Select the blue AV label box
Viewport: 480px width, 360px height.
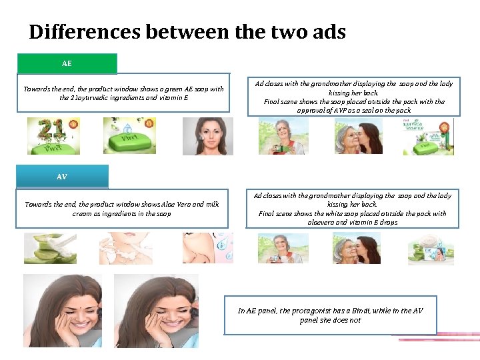click(x=62, y=177)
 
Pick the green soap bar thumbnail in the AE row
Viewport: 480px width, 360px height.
click(x=129, y=136)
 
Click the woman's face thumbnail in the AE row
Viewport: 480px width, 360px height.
click(x=207, y=136)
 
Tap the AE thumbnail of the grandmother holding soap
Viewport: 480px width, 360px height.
click(x=283, y=136)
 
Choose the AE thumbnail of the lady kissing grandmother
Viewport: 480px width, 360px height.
click(x=357, y=136)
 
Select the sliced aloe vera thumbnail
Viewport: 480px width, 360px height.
click(x=50, y=248)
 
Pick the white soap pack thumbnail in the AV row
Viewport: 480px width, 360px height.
click(x=432, y=248)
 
